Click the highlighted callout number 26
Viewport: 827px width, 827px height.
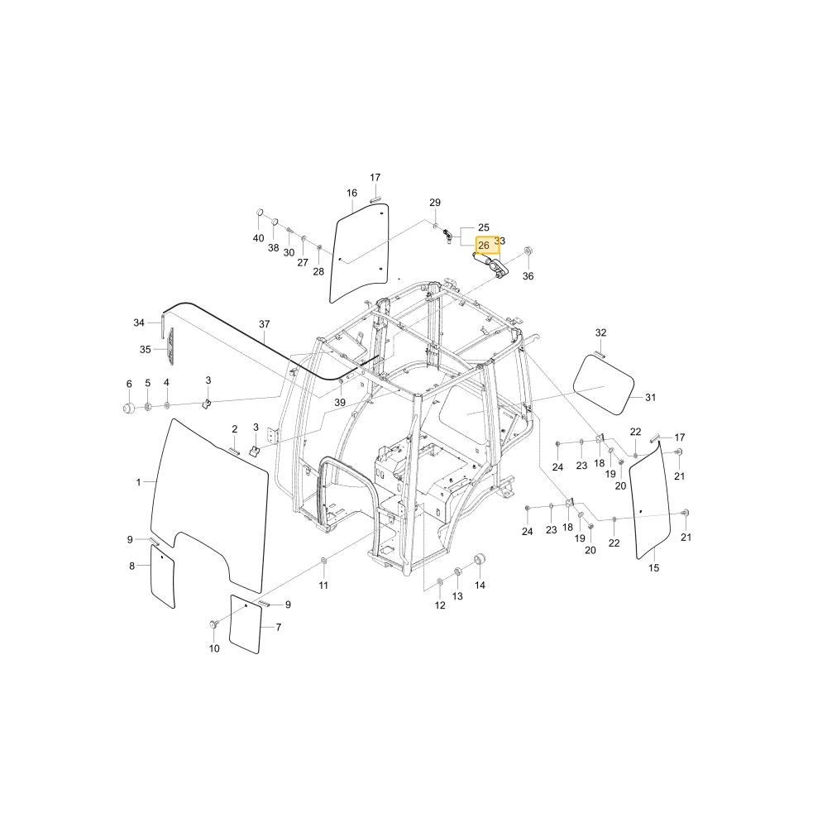pos(484,246)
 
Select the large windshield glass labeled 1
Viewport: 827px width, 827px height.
pos(210,501)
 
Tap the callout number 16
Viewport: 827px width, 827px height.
pos(351,193)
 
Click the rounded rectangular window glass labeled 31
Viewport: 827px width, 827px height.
pos(604,385)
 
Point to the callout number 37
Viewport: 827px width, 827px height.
pos(265,324)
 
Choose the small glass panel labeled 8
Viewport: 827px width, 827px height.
pos(162,576)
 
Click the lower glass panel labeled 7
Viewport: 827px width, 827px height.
pos(246,624)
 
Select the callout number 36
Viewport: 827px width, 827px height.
pos(528,276)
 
